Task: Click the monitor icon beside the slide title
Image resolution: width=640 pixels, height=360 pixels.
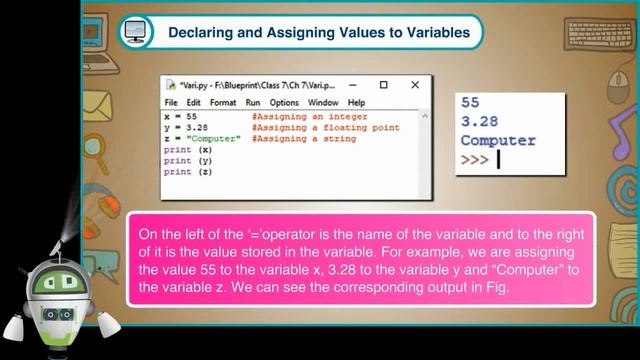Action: pyautogui.click(x=134, y=32)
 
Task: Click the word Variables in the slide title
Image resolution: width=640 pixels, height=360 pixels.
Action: pyautogui.click(x=431, y=33)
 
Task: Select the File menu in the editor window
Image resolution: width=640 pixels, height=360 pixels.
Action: pyautogui.click(x=171, y=103)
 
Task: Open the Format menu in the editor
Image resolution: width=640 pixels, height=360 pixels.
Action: pyautogui.click(x=223, y=103)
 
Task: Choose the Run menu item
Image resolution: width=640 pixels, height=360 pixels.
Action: pyautogui.click(x=253, y=103)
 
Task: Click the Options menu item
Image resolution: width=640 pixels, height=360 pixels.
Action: pyautogui.click(x=284, y=103)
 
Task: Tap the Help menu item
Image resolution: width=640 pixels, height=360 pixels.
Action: pyautogui.click(x=356, y=103)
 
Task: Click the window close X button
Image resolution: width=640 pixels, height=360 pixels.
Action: pyautogui.click(x=414, y=86)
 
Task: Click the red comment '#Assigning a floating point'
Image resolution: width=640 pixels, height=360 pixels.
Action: pyautogui.click(x=325, y=128)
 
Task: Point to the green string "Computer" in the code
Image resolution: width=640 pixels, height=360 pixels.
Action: pyautogui.click(x=218, y=139)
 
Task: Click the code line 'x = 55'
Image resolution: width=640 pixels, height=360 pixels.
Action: pyautogui.click(x=180, y=117)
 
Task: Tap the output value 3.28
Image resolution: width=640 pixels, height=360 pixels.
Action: pyautogui.click(x=480, y=121)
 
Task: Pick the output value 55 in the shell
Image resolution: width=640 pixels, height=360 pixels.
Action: pyautogui.click(x=471, y=102)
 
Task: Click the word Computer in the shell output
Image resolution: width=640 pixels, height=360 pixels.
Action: pyautogui.click(x=498, y=140)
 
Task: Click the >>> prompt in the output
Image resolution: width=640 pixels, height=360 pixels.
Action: pyautogui.click(x=475, y=159)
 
